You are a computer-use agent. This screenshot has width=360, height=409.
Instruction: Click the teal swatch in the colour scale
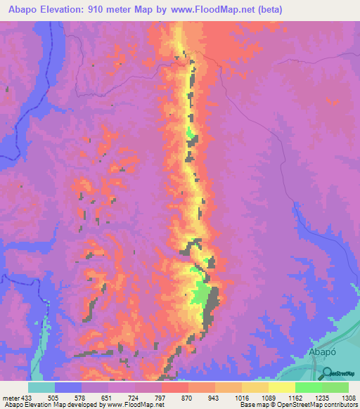coord(41,387)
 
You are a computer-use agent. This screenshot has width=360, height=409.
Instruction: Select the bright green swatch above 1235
coord(309,387)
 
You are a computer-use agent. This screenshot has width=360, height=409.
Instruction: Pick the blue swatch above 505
coord(68,387)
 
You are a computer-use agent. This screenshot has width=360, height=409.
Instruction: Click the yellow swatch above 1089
coord(255,387)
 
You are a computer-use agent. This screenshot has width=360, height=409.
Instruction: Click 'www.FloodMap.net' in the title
coord(229,9)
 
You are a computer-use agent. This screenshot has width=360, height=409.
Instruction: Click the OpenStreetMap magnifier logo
coord(328,373)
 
